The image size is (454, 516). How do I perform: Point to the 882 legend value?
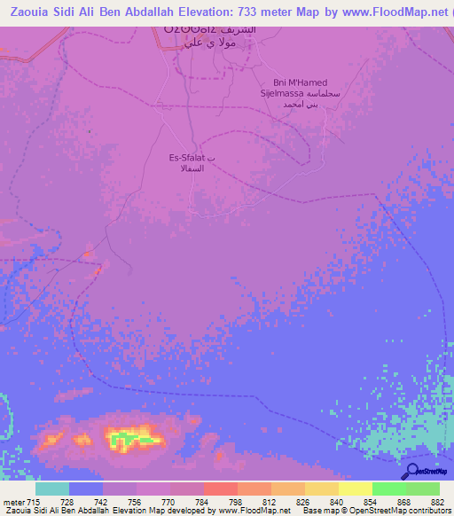[x=439, y=502]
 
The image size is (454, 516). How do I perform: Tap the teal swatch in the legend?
[x=51, y=489]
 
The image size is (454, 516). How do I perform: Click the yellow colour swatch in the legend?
[x=355, y=489]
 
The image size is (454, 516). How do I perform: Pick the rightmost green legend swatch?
[x=423, y=489]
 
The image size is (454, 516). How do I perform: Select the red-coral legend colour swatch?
[x=220, y=489]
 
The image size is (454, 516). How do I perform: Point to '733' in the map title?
[x=231, y=12]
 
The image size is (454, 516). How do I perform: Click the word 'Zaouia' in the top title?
[x=23, y=12]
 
